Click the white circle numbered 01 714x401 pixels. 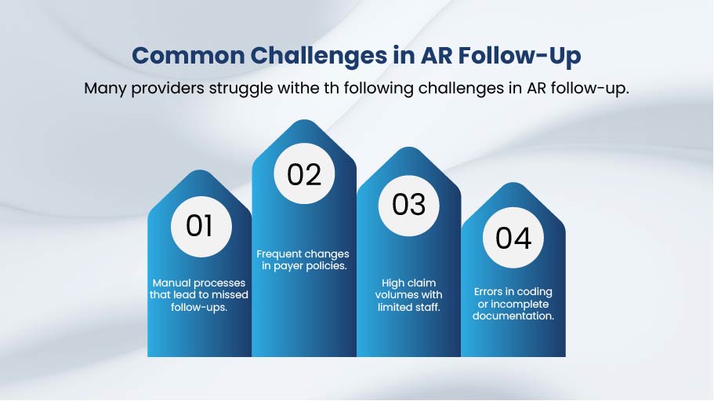201,227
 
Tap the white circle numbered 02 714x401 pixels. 304,173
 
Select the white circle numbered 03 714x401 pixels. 409,206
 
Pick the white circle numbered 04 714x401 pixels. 513,238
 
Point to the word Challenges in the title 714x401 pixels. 318,57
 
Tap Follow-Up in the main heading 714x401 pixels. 520,57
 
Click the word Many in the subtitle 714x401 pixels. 105,88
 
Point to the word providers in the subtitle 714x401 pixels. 168,89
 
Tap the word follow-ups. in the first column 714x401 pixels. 199,308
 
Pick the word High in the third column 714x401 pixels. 393,283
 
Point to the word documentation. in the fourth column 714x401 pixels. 513,315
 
